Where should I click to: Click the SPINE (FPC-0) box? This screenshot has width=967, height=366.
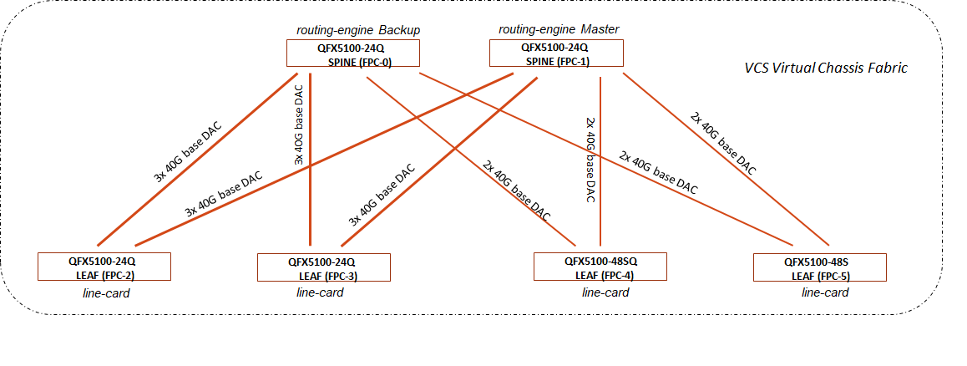click(x=352, y=53)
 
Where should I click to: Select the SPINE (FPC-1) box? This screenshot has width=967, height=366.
click(x=554, y=53)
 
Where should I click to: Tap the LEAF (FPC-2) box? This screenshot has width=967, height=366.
click(x=104, y=266)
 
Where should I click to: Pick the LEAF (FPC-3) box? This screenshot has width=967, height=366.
click(x=324, y=267)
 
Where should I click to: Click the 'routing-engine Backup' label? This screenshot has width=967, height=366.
click(x=358, y=30)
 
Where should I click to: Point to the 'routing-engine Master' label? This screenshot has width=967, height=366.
click(x=559, y=29)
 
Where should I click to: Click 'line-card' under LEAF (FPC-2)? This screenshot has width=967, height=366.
click(x=106, y=292)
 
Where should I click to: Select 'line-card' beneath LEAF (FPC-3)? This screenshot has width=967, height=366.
click(x=320, y=292)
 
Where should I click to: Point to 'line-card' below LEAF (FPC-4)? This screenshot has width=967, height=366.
click(x=605, y=292)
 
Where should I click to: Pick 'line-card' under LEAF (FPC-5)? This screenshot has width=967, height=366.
click(x=825, y=292)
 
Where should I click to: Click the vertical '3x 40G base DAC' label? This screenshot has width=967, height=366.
click(x=299, y=135)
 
